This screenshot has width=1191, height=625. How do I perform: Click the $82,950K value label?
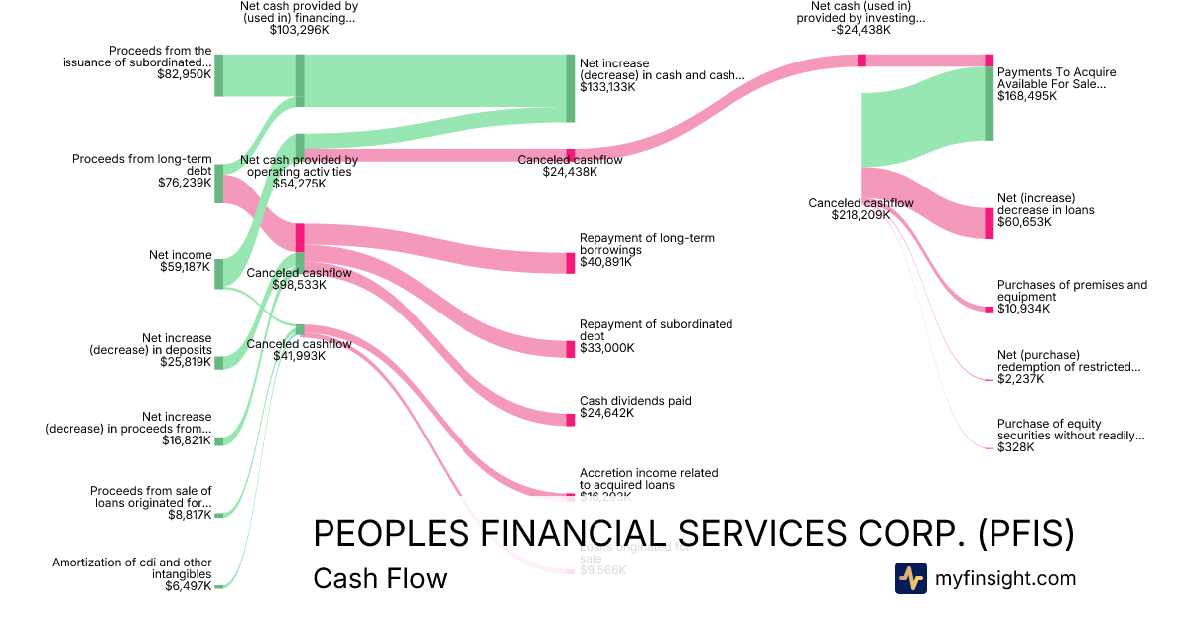pos(184,73)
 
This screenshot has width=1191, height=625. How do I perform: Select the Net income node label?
pos(178,255)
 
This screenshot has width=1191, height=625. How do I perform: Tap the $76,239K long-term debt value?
pos(185,183)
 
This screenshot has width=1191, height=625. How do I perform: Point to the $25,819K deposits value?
pos(186,362)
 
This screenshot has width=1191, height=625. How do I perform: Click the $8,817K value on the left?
pos(189,515)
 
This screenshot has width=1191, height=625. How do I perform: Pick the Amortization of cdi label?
pos(132,568)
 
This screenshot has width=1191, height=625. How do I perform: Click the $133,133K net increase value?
pos(607,87)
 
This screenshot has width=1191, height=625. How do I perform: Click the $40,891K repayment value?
pos(606,263)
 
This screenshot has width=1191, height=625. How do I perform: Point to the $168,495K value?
pos(1026,96)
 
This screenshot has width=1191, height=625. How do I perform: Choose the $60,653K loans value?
pos(1024,222)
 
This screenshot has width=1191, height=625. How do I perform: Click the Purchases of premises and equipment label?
pos(1072,291)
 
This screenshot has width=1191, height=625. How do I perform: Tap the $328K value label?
pos(1015,447)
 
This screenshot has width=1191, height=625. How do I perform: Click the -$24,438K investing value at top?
pos(860,30)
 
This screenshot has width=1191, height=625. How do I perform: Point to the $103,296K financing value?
pos(299,30)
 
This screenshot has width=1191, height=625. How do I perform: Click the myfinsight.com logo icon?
pos(910,578)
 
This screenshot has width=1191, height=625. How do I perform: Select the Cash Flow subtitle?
pos(380,578)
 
